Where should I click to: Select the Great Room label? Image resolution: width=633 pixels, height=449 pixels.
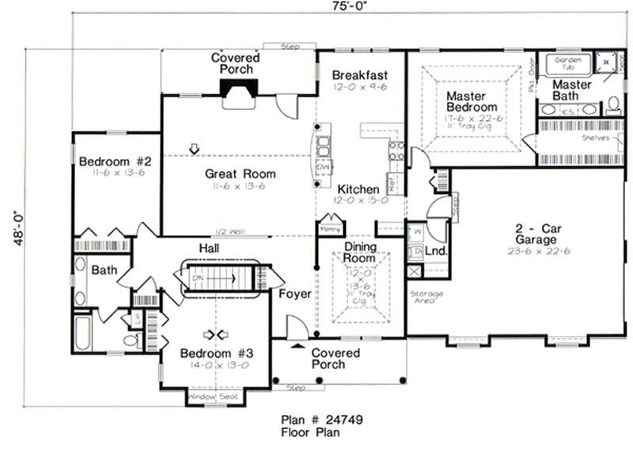pos(241,174)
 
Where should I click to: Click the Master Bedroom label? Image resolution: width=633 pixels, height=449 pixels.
pos(472,101)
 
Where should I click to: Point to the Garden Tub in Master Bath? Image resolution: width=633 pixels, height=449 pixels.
pos(567,63)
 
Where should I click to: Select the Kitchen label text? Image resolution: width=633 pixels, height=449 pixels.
pos(358,190)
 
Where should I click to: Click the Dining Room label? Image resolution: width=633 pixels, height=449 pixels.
pos(359,253)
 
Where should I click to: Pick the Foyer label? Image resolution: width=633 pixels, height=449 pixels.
pos(295,294)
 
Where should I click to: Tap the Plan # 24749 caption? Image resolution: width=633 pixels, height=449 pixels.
pos(322,420)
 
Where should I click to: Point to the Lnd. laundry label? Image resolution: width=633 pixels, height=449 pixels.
pos(436,252)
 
